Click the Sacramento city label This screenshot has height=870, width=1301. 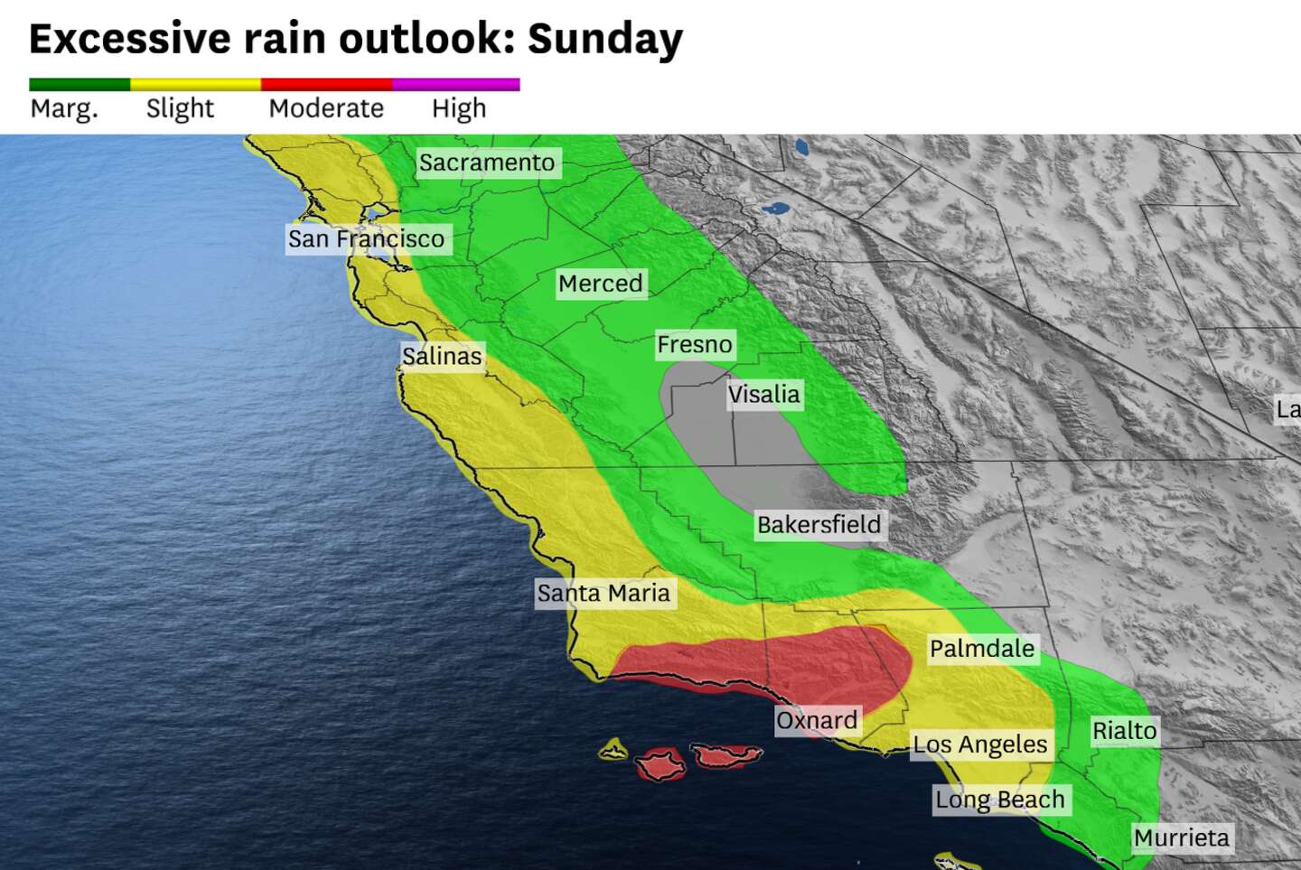(x=487, y=163)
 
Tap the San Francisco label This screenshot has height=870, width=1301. (x=366, y=239)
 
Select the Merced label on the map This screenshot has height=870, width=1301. (x=600, y=284)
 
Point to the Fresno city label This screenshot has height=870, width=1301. (x=694, y=344)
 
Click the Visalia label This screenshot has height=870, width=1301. (x=763, y=395)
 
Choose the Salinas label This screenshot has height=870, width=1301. (x=442, y=356)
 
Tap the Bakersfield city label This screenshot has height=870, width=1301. (x=819, y=525)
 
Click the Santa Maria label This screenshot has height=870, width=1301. (x=604, y=594)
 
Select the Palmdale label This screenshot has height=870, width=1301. (x=981, y=649)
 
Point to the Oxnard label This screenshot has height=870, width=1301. (x=817, y=720)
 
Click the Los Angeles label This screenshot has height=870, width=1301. (x=980, y=744)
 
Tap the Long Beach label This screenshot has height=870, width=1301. (x=1000, y=800)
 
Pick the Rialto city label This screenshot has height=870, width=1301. (x=1124, y=731)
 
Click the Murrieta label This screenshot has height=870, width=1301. (x=1181, y=838)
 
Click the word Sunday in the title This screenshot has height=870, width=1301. (x=604, y=39)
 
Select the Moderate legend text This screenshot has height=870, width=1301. (x=326, y=108)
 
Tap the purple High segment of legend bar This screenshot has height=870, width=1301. (x=456, y=84)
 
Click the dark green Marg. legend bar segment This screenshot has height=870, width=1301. (x=80, y=84)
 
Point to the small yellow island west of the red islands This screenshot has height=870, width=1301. (x=613, y=749)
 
